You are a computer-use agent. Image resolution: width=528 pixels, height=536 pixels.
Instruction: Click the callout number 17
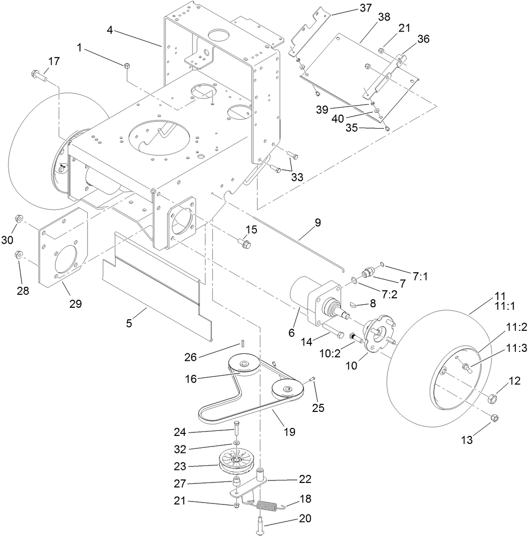click(x=54, y=62)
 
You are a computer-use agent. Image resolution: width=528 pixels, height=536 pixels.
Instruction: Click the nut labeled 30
click(x=18, y=219)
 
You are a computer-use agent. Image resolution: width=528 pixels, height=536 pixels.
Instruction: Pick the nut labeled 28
click(x=18, y=254)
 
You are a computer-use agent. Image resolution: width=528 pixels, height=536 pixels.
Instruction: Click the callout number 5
click(x=129, y=323)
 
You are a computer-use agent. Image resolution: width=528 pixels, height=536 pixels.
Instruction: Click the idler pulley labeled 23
click(x=235, y=462)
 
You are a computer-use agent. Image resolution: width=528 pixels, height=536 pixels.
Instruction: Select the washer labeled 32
click(x=235, y=443)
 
